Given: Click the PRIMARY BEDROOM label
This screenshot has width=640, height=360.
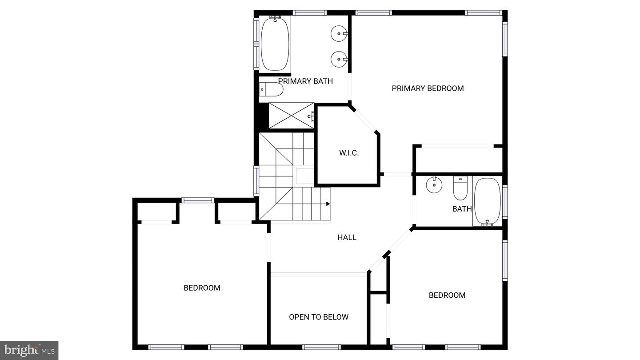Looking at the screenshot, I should click(x=428, y=88).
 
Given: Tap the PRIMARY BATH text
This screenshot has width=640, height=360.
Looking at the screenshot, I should click(x=305, y=81).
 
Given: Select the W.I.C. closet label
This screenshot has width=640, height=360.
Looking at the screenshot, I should click(x=349, y=153).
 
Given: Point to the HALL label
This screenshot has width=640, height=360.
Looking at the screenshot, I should click(x=347, y=237).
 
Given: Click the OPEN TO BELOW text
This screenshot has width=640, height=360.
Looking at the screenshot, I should click(x=319, y=317).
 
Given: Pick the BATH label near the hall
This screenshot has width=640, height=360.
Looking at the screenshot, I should click(x=462, y=209).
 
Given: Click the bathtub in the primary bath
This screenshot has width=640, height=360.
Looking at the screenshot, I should click(x=275, y=44).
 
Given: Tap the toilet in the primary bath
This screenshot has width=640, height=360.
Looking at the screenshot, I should click(x=271, y=90).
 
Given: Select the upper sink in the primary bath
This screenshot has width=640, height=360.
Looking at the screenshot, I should click(x=339, y=33).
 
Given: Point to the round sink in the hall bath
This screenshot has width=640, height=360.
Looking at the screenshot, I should click(x=434, y=185).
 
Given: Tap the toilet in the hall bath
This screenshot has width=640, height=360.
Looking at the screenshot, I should click(x=460, y=189).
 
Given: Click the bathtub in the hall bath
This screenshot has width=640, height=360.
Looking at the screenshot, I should click(x=487, y=201).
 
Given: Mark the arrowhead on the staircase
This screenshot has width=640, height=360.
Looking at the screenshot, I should click(x=328, y=204).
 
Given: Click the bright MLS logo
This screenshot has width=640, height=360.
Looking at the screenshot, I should click(x=29, y=350).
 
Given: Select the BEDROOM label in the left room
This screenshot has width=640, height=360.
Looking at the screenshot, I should click(x=202, y=288).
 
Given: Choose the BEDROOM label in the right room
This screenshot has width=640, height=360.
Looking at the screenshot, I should click(x=447, y=295).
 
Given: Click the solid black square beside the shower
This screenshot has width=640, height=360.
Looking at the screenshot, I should click(x=263, y=116).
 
